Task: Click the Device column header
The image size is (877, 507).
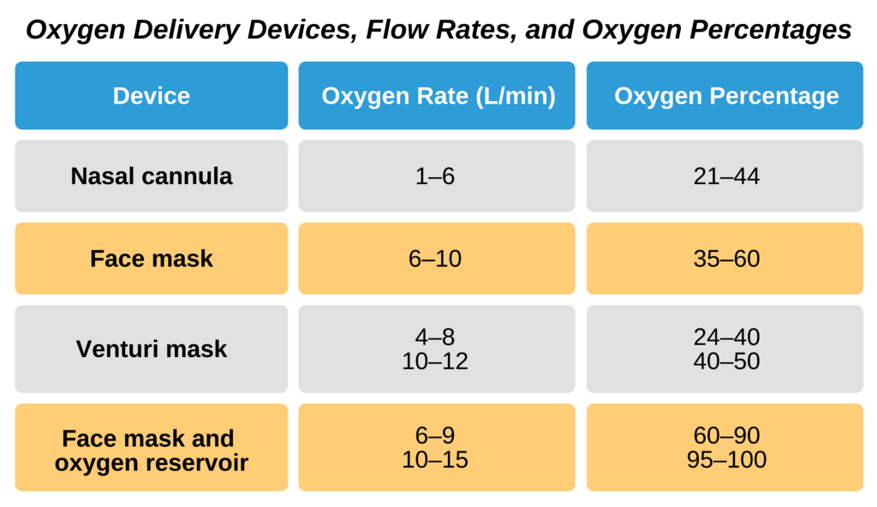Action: point(152,96)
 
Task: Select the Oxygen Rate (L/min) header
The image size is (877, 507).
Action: point(438,96)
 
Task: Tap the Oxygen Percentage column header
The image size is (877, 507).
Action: point(726,96)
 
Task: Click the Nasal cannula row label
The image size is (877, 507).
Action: point(152,176)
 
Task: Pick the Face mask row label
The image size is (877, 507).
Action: point(152,258)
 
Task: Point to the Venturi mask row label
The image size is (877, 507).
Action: point(152,349)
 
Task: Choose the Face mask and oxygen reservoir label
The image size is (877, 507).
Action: point(152,450)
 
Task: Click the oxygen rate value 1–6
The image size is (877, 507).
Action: point(435,176)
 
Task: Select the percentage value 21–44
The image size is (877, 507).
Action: point(726,176)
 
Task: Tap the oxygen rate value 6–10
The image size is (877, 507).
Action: point(435,258)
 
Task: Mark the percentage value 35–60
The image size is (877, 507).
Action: point(726,258)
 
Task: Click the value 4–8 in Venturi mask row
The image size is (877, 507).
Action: point(435,337)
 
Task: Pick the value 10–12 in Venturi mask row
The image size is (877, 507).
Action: point(435,361)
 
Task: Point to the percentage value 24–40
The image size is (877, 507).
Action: point(726,337)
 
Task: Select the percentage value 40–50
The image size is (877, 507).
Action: point(726,361)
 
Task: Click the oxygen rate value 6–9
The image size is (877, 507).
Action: point(435,436)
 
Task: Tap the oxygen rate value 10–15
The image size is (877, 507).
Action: point(435,460)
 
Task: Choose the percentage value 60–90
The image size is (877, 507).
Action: point(726,436)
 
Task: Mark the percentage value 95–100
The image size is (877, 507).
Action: point(726,460)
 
